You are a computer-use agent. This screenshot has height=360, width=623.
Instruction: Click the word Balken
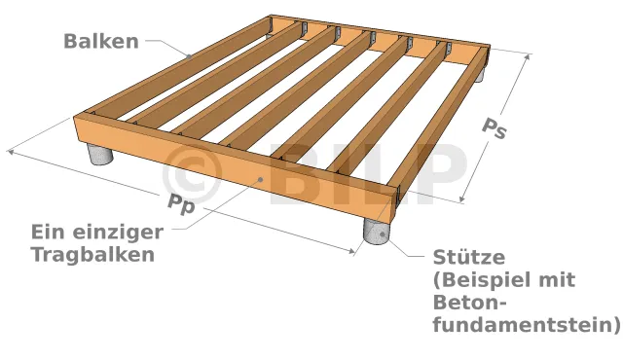(x=101, y=41)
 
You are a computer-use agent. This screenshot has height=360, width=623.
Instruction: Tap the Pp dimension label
(x=182, y=205)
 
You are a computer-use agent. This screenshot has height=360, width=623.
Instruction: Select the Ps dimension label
(x=495, y=128)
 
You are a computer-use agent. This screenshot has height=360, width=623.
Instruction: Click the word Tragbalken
(x=93, y=254)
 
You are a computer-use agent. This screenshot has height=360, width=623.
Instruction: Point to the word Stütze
(x=469, y=257)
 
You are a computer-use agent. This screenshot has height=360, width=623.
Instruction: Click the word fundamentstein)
(x=527, y=325)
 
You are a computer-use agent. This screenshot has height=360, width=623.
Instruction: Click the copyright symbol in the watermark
(x=192, y=174)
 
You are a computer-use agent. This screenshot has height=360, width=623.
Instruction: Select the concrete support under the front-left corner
(x=99, y=154)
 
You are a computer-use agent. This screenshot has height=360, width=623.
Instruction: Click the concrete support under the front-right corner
(x=377, y=231)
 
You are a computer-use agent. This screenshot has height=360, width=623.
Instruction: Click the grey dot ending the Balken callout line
(x=189, y=56)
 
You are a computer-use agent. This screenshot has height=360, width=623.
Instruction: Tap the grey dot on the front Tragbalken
(x=260, y=179)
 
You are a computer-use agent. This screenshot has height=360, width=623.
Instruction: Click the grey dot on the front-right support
(x=383, y=234)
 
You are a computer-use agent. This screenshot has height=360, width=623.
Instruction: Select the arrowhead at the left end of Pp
(x=11, y=152)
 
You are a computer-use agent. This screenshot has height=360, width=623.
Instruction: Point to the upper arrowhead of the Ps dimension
(x=528, y=56)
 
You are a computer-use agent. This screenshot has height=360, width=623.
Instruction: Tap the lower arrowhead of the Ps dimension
(x=462, y=198)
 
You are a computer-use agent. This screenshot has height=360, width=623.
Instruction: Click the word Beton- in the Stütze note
(x=470, y=303)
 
